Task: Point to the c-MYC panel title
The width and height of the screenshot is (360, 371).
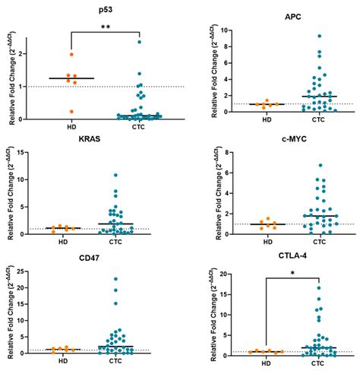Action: [291, 141]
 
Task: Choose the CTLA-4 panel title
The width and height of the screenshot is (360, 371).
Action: [292, 258]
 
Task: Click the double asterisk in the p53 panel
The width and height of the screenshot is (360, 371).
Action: [105, 26]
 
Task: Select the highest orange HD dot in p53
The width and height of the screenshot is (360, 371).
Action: [71, 55]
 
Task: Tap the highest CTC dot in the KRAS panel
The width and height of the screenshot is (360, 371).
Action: [115, 175]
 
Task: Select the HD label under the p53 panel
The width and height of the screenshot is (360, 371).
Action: [71, 129]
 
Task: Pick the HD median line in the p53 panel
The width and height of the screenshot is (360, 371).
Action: [71, 78]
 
